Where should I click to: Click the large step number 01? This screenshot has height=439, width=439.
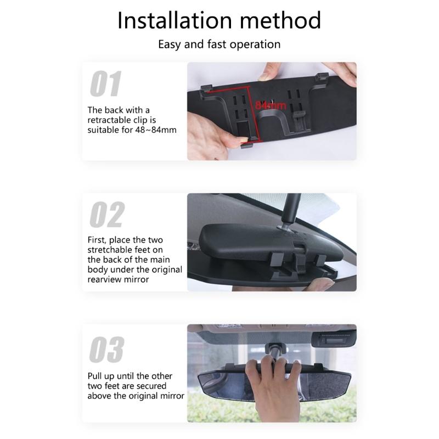point(105,85)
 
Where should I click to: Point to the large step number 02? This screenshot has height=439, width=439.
point(106,215)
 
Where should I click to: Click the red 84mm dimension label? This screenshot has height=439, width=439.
point(271,105)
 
